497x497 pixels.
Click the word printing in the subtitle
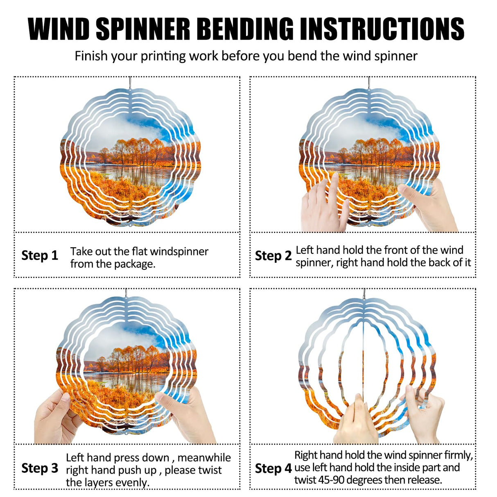[163, 56]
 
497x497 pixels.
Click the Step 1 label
[40, 255]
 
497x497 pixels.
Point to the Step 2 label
[273, 256]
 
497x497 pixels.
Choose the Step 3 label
[40, 468]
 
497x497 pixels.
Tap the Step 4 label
[273, 468]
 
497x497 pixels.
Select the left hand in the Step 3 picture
[55, 418]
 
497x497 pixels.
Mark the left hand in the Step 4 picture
[356, 422]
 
